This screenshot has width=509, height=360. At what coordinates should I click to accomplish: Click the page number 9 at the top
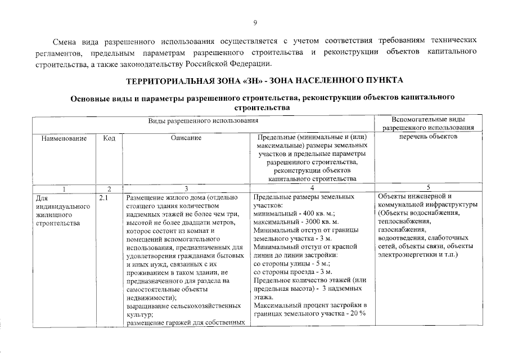(254, 22)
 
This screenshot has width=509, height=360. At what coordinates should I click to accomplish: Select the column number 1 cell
(64, 188)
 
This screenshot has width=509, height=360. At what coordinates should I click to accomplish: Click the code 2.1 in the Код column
(103, 198)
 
